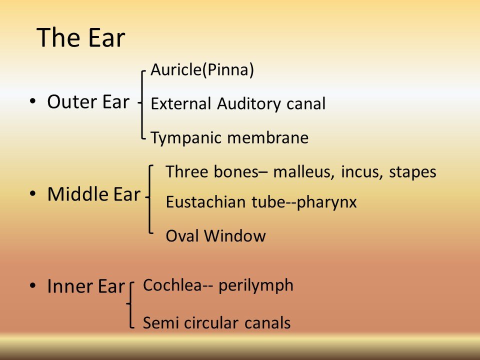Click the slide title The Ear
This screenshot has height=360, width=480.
pos(81,38)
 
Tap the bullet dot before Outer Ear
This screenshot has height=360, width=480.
pos(32,101)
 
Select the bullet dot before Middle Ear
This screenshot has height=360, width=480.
pos(32,194)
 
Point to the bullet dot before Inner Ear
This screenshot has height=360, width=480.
pos(32,286)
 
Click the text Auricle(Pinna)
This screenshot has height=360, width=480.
pos(202,70)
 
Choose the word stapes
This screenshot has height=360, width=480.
pos(413,172)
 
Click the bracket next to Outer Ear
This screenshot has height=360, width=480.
pos(144,103)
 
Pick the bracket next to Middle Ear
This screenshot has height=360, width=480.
pos(151,198)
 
